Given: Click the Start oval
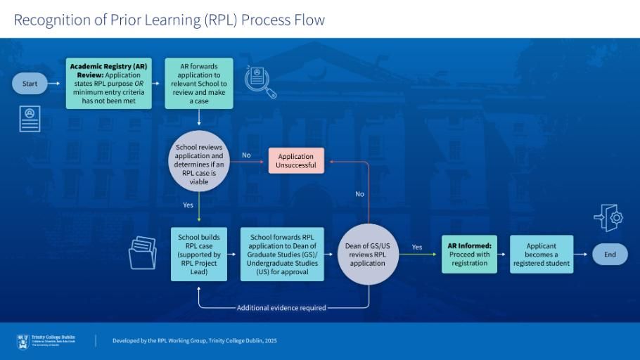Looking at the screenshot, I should coord(30,84).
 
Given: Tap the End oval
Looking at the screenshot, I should coord(609,255).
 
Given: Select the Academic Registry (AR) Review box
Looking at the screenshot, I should coord(108,84).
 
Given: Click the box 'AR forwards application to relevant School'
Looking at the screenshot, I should coord(199,84).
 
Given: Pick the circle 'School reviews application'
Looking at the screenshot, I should coord(199,165).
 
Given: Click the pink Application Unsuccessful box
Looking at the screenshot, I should coord(296,160).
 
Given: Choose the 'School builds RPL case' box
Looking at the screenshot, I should coord(199,254).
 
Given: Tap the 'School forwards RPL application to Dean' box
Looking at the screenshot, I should coord(282,254).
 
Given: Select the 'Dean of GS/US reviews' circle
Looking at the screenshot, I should coord(368,254).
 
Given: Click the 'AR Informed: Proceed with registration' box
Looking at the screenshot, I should coord(469,254).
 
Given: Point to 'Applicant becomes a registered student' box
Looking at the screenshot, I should coord(542,254).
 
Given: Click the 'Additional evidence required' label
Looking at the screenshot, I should coord(281,308).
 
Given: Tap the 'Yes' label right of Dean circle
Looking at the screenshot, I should coord(417,247).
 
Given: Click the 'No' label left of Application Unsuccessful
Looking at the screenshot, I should coord(246,155).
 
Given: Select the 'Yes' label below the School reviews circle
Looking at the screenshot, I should coord(188,205).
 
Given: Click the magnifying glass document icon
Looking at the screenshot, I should coord(260,81).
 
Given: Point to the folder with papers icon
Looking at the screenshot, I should coord(143,252).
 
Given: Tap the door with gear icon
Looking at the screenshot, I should coord(608,217).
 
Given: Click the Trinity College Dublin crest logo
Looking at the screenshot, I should coord(23,341).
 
